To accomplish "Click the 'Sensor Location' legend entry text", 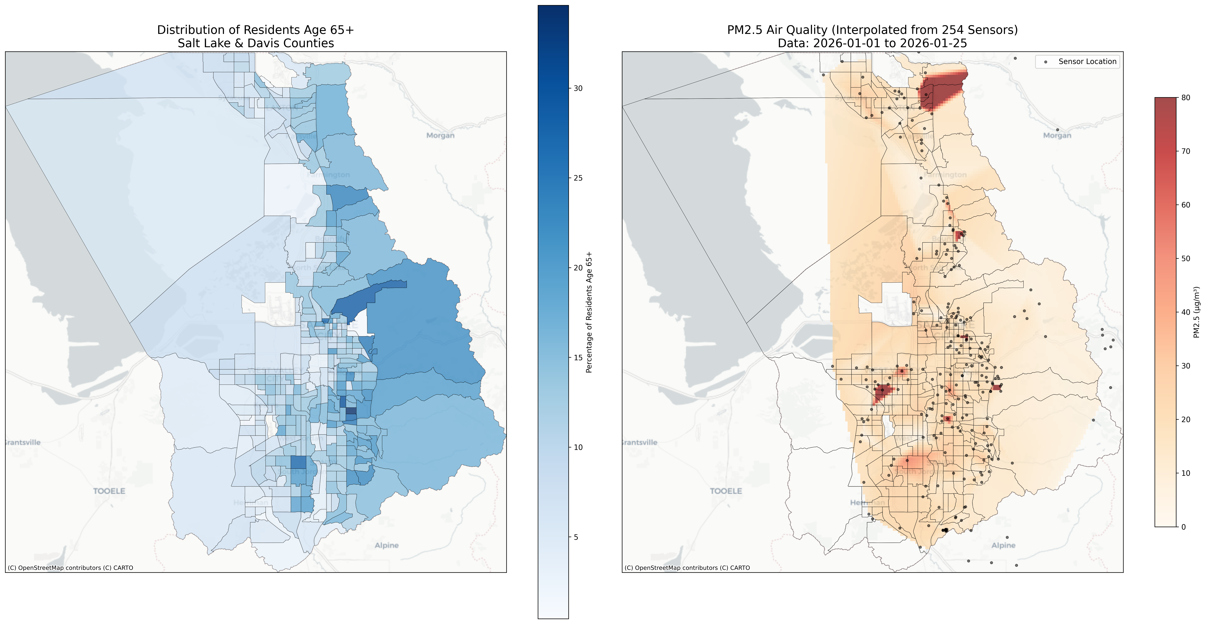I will [1087, 61].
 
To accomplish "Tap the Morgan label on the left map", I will [440, 136].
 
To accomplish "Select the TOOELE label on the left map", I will [109, 491].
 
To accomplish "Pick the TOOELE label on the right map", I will [726, 491].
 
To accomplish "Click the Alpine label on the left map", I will [387, 545].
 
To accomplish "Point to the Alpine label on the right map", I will [1003, 545].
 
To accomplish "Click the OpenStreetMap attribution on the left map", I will [70, 568].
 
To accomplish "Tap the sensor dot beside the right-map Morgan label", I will [1057, 130].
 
